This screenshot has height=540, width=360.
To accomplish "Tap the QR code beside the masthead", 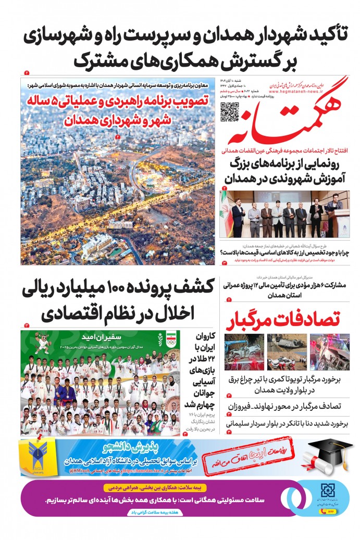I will click(230, 112).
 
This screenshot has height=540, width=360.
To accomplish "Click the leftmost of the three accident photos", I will click(244, 352).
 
